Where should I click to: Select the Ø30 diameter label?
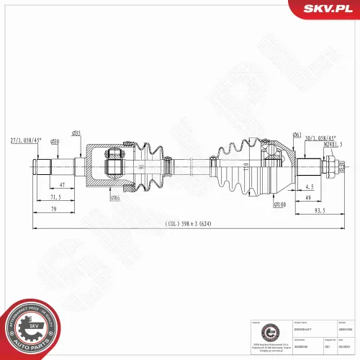(x=55, y=140)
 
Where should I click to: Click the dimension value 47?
(x=63, y=185)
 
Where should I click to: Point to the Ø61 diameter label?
(x=297, y=135)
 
